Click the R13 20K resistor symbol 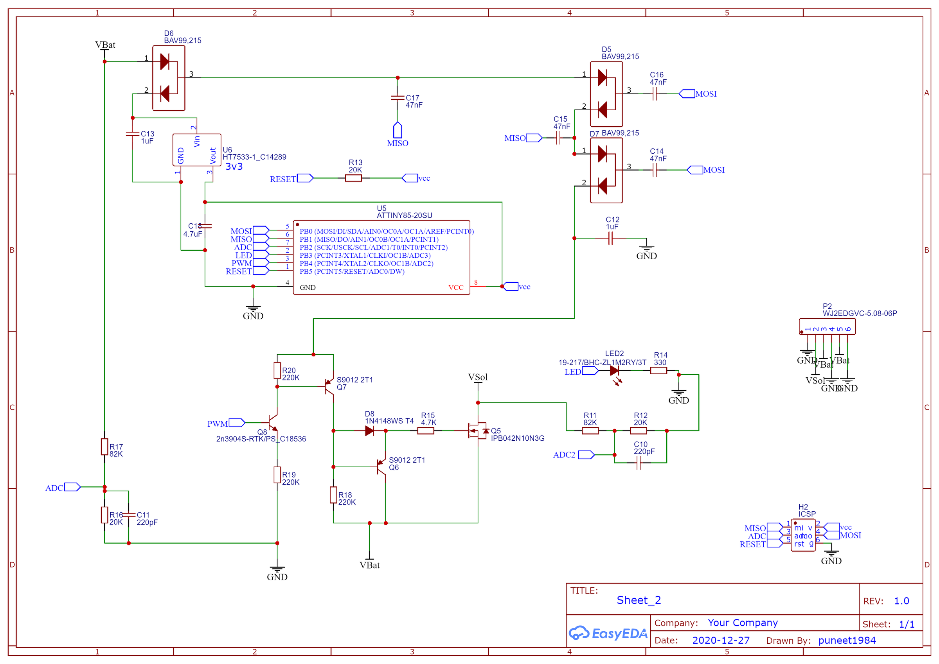pyautogui.click(x=353, y=178)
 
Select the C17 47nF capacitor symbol pyautogui.click(x=398, y=98)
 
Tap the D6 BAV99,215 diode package pyautogui.click(x=169, y=78)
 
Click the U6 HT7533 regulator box pyautogui.click(x=197, y=150)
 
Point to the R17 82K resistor pyautogui.click(x=105, y=447)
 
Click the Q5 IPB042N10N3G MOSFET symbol pyautogui.click(x=477, y=431)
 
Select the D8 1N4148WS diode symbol pyautogui.click(x=369, y=431)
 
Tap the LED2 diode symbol pyautogui.click(x=614, y=371)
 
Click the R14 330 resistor pyautogui.click(x=658, y=371)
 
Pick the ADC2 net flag pyautogui.click(x=586, y=455)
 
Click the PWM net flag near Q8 pyautogui.click(x=237, y=423)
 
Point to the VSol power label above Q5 pyautogui.click(x=478, y=377)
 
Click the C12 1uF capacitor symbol pyautogui.click(x=611, y=239)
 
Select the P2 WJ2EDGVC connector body pyautogui.click(x=827, y=326)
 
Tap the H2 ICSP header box pyautogui.click(x=803, y=535)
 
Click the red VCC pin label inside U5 pyautogui.click(x=455, y=287)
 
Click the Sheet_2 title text pyautogui.click(x=639, y=600)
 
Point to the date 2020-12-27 pyautogui.click(x=721, y=640)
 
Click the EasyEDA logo pyautogui.click(x=608, y=633)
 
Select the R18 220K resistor pyautogui.click(x=333, y=495)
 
